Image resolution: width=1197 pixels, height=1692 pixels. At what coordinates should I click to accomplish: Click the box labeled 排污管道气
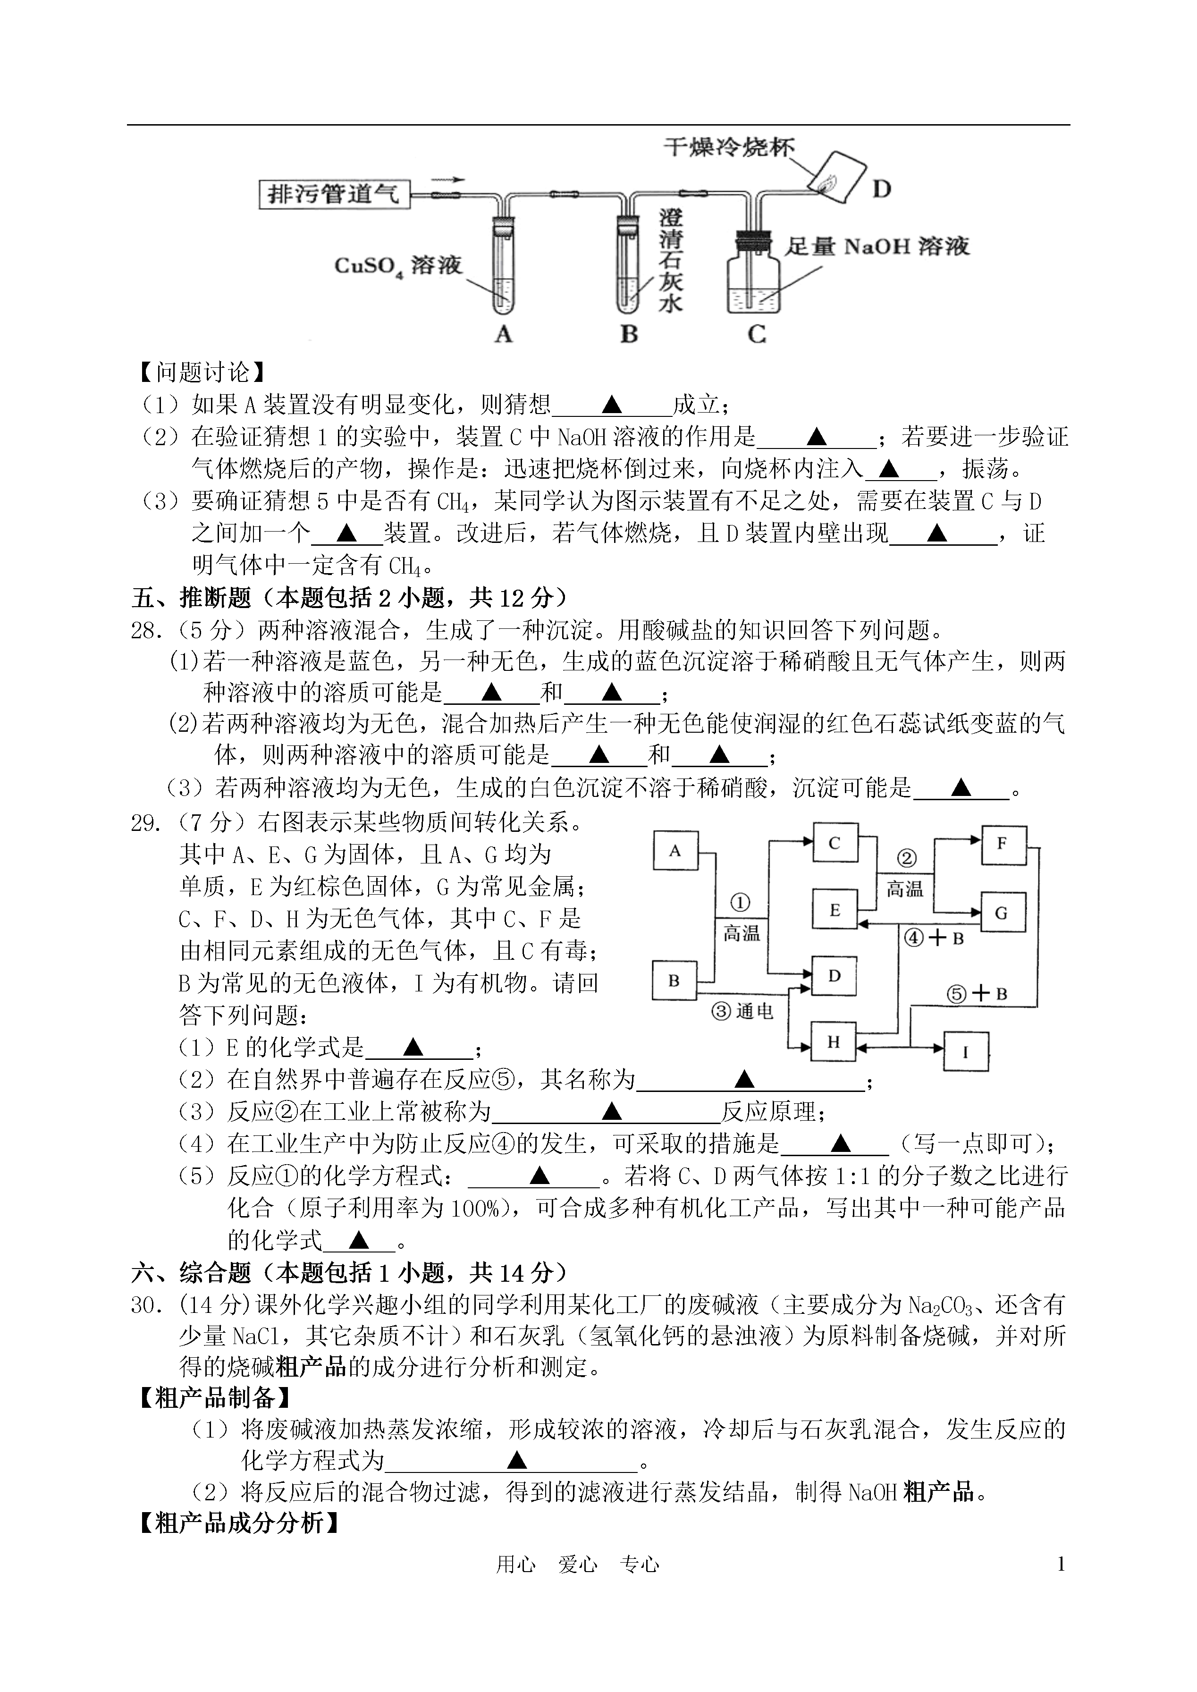click(x=334, y=194)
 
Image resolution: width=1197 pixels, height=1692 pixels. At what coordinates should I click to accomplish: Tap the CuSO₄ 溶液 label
click(x=397, y=265)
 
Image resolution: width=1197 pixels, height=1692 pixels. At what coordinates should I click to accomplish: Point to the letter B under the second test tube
click(x=629, y=334)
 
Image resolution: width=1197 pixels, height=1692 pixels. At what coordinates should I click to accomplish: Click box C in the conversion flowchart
click(x=835, y=843)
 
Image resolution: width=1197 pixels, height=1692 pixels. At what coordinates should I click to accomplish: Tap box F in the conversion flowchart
click(x=1003, y=843)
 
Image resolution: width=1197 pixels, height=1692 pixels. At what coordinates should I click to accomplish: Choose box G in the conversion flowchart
click(x=1003, y=913)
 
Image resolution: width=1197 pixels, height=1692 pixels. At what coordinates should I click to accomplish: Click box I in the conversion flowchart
click(x=966, y=1052)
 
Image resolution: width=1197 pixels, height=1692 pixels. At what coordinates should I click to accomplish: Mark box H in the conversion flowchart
click(x=833, y=1042)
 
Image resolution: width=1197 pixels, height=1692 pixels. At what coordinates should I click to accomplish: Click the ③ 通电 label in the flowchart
click(x=743, y=1012)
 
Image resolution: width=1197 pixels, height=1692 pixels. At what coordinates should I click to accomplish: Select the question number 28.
click(x=146, y=631)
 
